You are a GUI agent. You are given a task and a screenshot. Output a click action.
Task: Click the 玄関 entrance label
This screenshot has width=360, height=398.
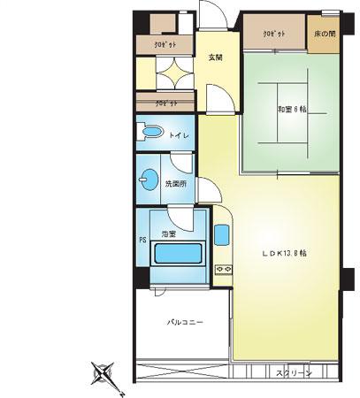[215, 58]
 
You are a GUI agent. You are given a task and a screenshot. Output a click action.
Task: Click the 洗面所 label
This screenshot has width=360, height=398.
[175, 184]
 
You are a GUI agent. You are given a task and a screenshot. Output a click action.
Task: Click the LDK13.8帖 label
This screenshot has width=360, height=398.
[284, 252]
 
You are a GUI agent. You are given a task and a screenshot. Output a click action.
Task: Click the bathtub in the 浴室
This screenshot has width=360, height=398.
[180, 255]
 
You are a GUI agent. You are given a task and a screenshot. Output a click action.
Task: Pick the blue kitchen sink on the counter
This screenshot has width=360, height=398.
[222, 235]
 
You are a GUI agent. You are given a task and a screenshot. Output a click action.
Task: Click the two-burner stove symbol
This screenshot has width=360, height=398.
[224, 268]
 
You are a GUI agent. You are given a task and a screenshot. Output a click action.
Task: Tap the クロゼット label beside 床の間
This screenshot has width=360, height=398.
[273, 34]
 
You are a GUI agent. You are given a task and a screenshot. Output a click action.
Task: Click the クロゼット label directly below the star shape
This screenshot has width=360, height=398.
[166, 103]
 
